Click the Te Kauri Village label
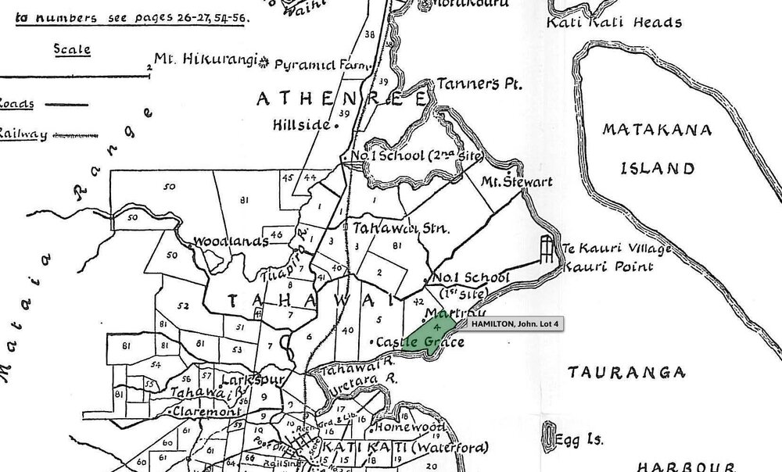[606, 249]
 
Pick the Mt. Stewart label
[517, 182]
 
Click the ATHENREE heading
[343, 100]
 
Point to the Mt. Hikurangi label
[206, 59]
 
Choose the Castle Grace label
[414, 342]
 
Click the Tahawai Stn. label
[399, 230]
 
